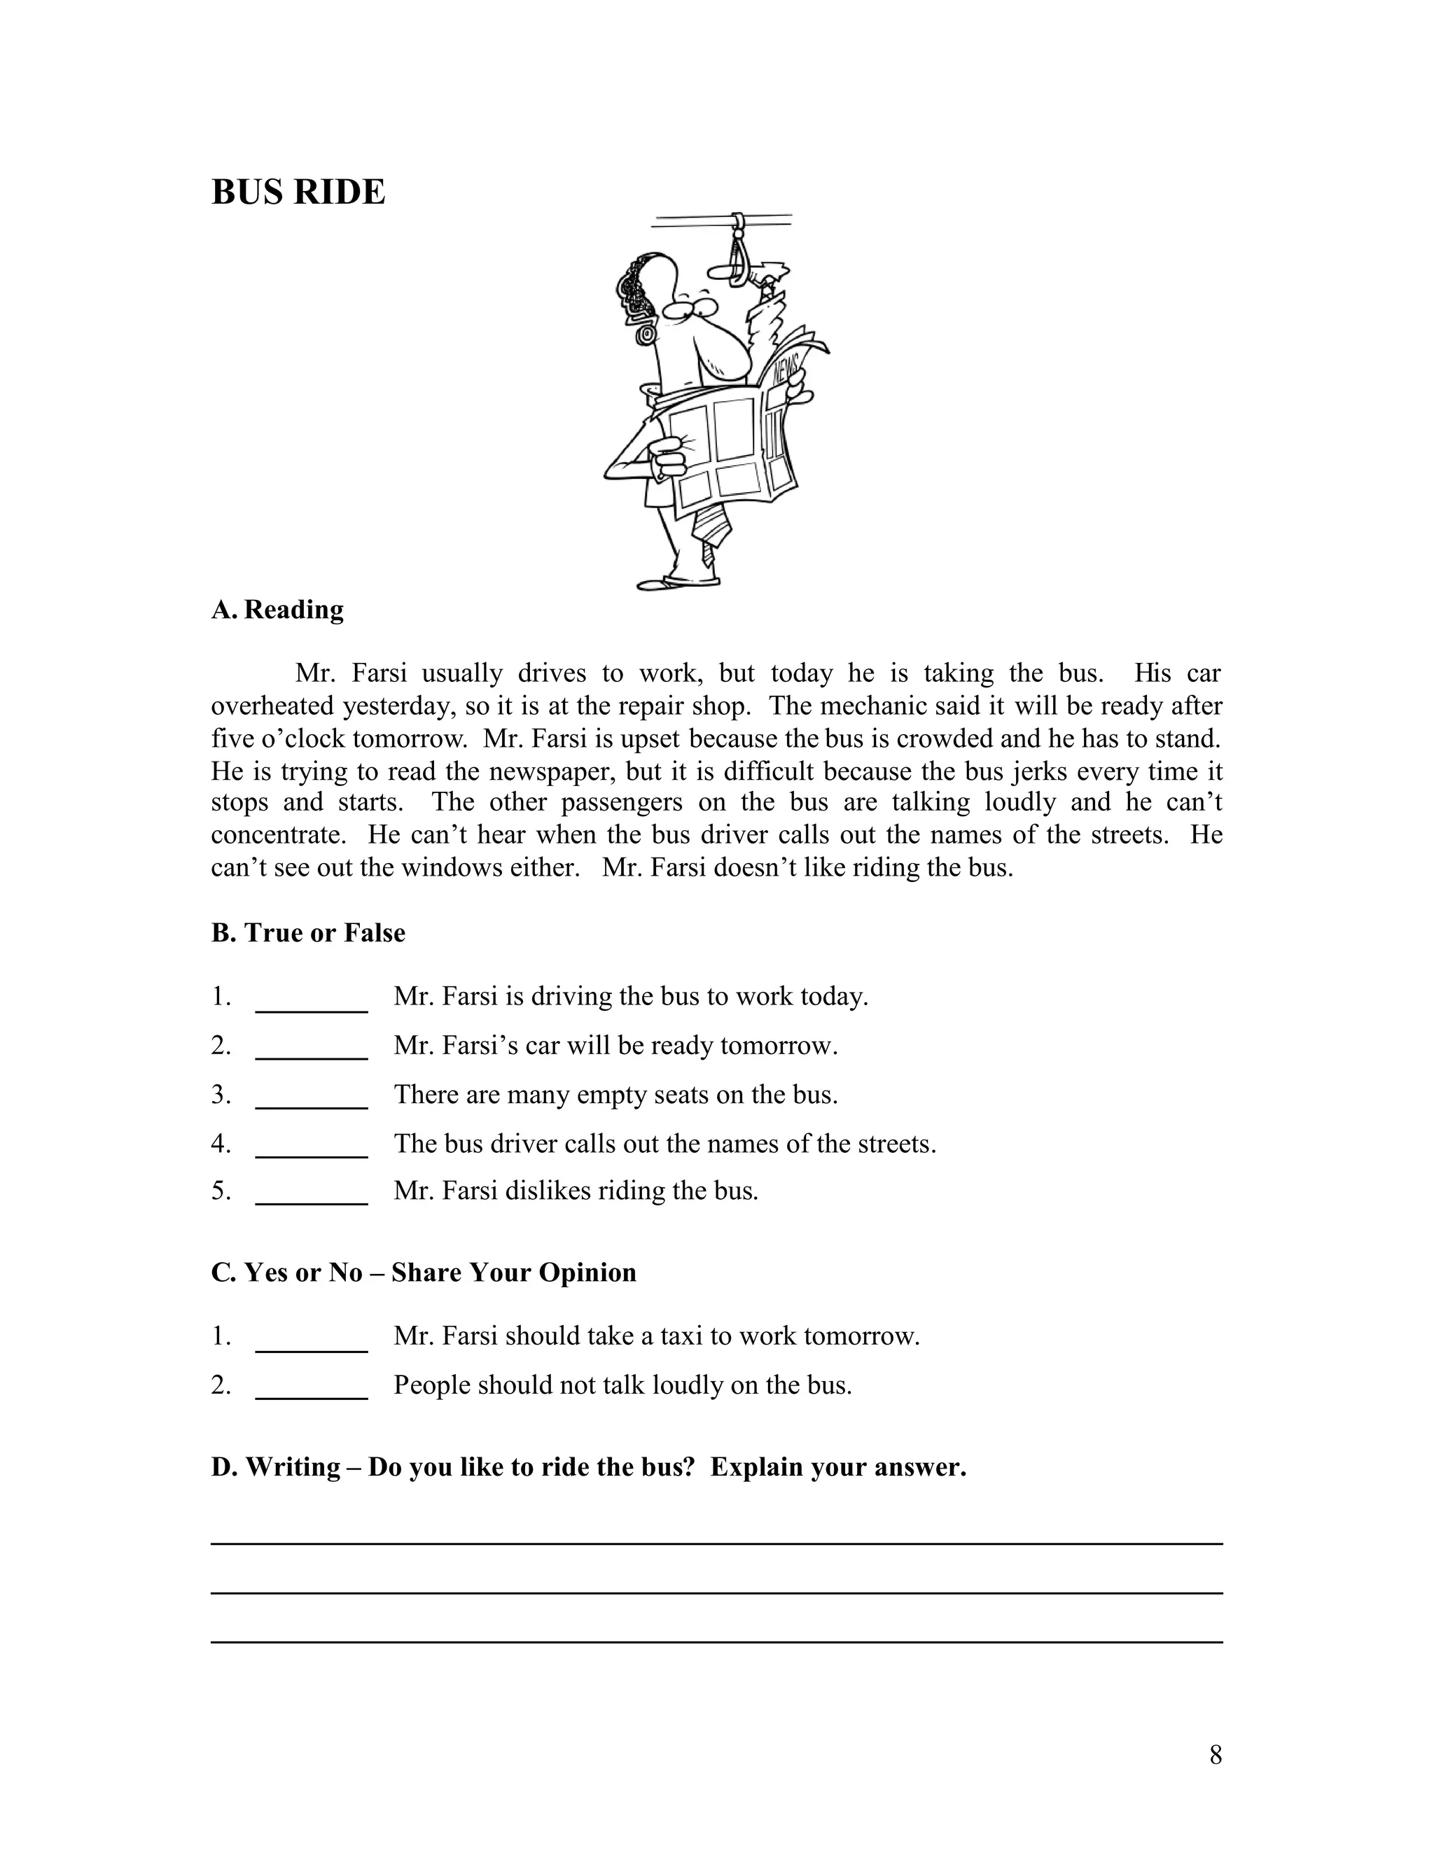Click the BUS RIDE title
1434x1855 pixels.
(298, 192)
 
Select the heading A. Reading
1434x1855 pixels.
(278, 610)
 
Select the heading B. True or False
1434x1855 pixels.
(308, 932)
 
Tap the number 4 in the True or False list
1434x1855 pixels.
(221, 1144)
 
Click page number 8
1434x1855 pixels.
(1216, 1755)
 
